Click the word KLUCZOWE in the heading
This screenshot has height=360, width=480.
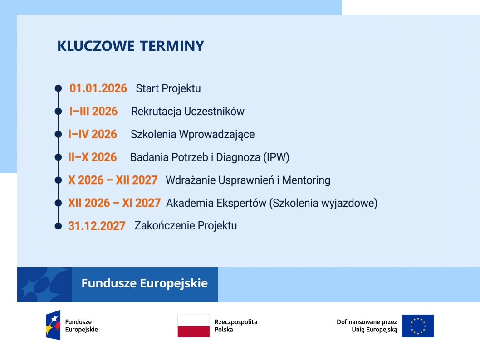pos(96,46)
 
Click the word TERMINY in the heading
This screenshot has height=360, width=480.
pos(172,46)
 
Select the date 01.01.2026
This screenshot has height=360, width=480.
pos(98,88)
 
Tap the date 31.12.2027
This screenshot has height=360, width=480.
pos(97,226)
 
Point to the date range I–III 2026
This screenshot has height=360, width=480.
pos(93,111)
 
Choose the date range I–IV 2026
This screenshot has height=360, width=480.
pos(93,134)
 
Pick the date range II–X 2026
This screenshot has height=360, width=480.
pos(93,157)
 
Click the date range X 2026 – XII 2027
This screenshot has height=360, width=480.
pos(113,180)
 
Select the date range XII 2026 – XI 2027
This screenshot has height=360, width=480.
pos(114,203)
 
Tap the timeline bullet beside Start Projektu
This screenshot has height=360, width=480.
pos(58,88)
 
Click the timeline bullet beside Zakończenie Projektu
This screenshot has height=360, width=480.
pos(58,226)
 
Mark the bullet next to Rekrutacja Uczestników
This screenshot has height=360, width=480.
pos(58,112)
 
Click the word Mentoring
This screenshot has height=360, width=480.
pos(306,180)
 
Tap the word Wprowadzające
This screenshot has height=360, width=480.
pos(217,135)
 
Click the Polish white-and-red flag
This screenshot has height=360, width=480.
pos(193,326)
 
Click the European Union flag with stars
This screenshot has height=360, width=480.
pos(418,326)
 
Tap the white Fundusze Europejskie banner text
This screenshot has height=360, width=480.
pos(144,283)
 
